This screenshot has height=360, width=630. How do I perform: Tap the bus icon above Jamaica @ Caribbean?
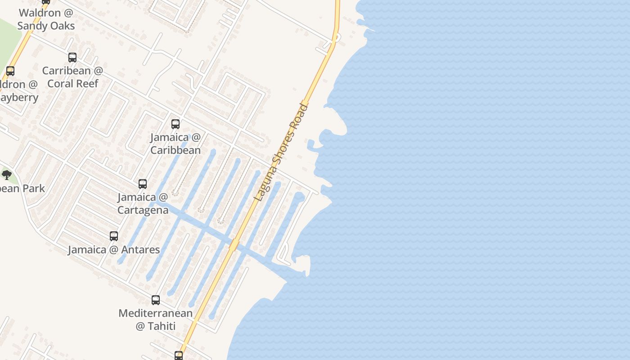[175, 124]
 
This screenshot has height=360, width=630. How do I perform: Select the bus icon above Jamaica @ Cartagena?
[143, 184]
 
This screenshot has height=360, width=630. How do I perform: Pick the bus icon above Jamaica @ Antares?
[114, 236]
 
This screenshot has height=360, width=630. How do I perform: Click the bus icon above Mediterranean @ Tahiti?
[156, 300]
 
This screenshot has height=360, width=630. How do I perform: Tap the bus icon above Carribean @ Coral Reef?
[72, 58]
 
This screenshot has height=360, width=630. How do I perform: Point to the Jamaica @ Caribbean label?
[175, 144]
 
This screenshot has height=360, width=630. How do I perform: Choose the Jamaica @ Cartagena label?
[143, 203]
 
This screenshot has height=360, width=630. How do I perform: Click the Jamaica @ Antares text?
[114, 249]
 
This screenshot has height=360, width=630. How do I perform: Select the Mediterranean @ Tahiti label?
[156, 319]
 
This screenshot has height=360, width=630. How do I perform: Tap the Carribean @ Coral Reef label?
[72, 77]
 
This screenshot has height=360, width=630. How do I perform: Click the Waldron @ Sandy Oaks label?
[46, 19]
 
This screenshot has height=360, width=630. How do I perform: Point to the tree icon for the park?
[6, 175]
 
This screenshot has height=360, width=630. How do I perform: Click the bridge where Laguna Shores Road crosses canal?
[234, 245]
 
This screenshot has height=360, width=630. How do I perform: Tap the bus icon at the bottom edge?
[179, 355]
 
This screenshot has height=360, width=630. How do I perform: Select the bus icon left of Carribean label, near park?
[10, 71]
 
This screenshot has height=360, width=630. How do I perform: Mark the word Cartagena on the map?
[143, 210]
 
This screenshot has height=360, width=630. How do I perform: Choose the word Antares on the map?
[141, 249]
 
